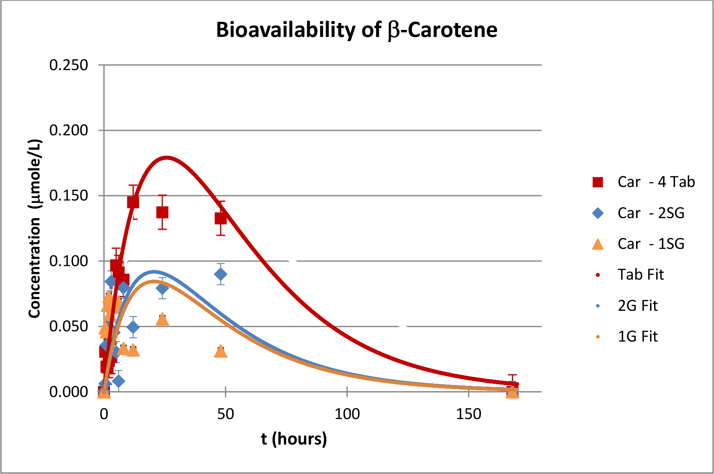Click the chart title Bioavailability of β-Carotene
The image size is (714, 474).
tap(356, 30)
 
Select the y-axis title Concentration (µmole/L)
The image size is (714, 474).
tap(35, 228)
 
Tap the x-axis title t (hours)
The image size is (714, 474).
tap(294, 438)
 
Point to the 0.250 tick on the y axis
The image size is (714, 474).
tap(68, 65)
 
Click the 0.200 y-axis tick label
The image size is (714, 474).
tap(68, 130)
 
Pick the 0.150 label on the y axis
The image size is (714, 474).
tap(68, 196)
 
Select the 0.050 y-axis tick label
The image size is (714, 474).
tap(68, 326)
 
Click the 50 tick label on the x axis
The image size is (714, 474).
tap(226, 414)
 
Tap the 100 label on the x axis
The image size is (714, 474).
tap(347, 414)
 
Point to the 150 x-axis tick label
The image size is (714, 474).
tap(468, 414)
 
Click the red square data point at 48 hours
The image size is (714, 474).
tap(221, 218)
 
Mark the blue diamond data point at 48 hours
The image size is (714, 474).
tap(221, 274)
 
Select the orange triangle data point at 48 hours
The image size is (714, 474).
tap(221, 351)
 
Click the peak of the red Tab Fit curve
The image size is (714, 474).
tap(166, 158)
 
